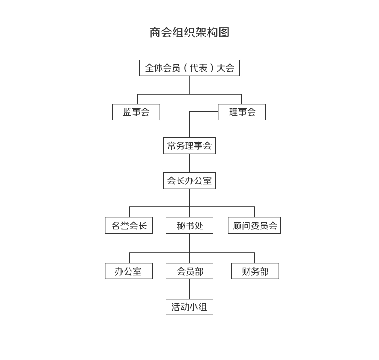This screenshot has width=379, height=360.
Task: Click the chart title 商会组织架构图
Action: pos(189,33)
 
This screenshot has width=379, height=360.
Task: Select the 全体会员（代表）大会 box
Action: pos(189,68)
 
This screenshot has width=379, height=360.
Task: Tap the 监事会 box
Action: pos(136,112)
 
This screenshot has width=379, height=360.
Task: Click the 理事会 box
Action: pos(242,112)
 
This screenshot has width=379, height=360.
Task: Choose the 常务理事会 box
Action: pos(189,145)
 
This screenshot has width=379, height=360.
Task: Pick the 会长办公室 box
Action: pos(189,180)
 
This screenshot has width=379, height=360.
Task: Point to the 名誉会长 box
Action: pos(129,225)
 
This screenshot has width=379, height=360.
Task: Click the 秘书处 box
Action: pos(189,225)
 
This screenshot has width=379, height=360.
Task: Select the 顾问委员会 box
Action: pos(254,225)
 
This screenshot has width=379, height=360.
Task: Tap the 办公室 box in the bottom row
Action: pos(129,271)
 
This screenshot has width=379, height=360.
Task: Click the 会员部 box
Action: pos(189,271)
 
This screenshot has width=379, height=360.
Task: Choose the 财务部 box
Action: pos(255,271)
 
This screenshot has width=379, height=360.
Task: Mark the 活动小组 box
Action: pos(189,307)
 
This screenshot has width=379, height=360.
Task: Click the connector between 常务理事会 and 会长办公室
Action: pos(189,163)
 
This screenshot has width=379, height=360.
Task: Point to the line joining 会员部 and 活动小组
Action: pos(189,289)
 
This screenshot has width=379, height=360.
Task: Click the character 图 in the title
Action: pos(224,33)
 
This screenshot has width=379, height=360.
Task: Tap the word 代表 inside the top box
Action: pos(199,68)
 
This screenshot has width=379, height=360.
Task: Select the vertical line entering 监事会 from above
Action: pos(137,99)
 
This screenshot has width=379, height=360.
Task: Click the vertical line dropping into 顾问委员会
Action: pos(254,212)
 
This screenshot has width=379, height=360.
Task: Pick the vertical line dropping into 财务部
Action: pos(254,258)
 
